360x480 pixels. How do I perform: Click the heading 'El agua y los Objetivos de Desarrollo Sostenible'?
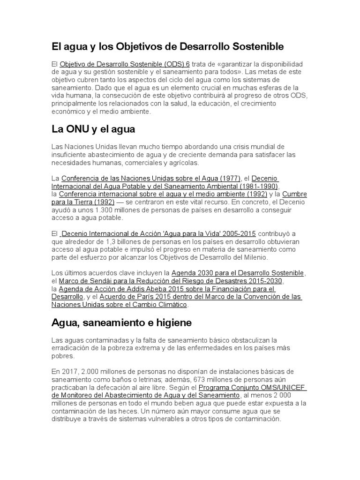(167, 46)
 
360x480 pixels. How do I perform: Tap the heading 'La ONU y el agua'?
(93, 129)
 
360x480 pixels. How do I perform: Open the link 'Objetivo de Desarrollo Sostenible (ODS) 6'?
(125, 63)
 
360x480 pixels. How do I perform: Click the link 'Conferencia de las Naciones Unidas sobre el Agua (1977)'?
(151, 179)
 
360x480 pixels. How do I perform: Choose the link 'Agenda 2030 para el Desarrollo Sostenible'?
(238, 273)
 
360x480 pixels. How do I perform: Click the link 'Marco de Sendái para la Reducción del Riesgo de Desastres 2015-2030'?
(165, 281)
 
